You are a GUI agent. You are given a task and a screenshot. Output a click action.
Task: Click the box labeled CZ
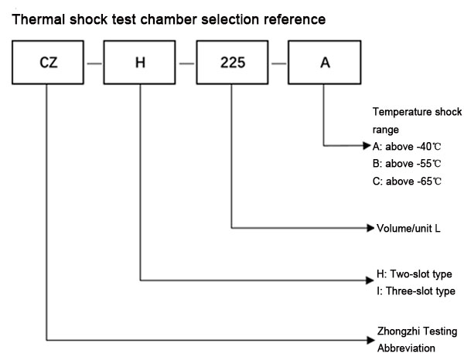pyautogui.click(x=47, y=63)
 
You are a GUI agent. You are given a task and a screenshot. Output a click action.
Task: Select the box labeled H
pyautogui.click(x=140, y=63)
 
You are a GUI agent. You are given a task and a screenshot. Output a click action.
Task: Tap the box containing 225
pyautogui.click(x=232, y=63)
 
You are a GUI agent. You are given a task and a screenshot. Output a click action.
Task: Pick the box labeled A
pyautogui.click(x=323, y=63)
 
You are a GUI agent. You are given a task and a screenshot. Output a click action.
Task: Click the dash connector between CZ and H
pyautogui.click(x=94, y=63)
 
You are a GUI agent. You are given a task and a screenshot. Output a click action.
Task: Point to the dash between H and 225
pyautogui.click(x=186, y=63)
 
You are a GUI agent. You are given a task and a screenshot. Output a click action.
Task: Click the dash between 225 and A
pyautogui.click(x=278, y=63)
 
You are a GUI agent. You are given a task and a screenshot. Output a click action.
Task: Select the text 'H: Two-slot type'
pyautogui.click(x=413, y=275)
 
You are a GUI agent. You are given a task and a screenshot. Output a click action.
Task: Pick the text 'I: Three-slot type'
pyautogui.click(x=415, y=291)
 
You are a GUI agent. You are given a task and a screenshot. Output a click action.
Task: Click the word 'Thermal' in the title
pyautogui.click(x=36, y=17)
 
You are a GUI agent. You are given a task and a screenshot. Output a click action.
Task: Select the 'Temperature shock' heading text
pyautogui.click(x=412, y=113)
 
